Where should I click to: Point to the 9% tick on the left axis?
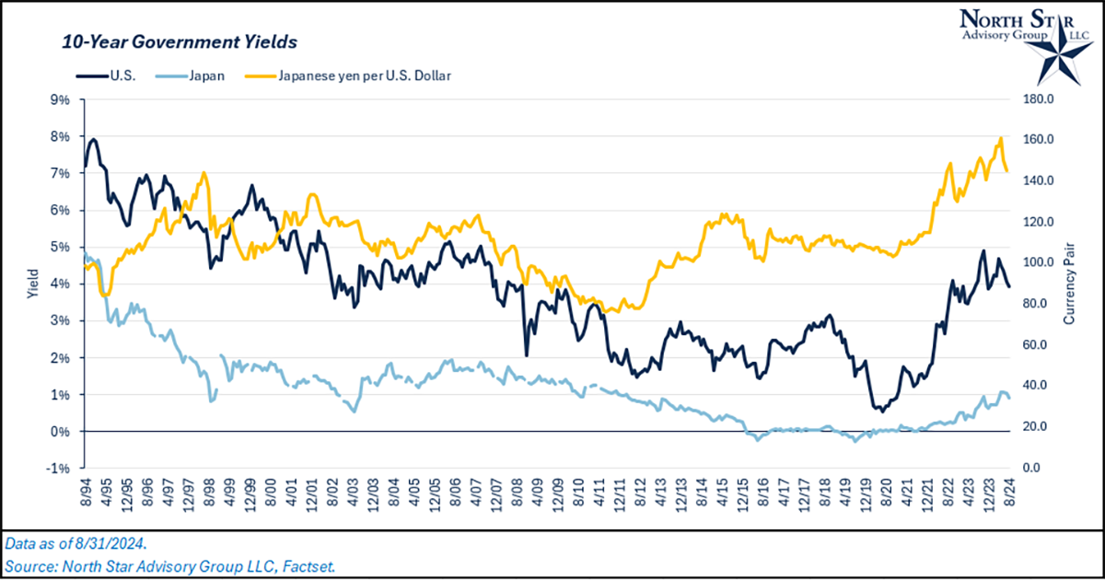point(60,99)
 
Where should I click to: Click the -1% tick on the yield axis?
point(60,469)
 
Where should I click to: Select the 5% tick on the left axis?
point(60,247)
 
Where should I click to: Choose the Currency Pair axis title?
point(1072,284)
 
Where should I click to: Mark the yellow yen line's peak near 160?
point(1000,139)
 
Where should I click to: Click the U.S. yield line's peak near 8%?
point(93,140)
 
